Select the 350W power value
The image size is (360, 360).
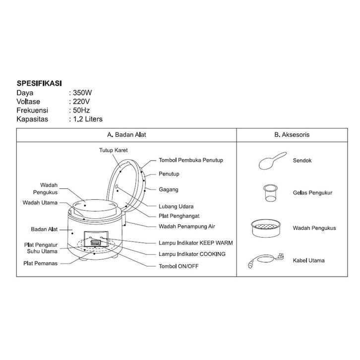pyautogui.click(x=82, y=92)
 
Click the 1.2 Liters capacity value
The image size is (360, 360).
pyautogui.click(x=88, y=119)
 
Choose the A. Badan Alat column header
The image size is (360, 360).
pyautogui.click(x=126, y=134)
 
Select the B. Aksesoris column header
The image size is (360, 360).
pyautogui.click(x=293, y=134)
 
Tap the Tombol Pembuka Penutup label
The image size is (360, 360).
pyautogui.click(x=191, y=160)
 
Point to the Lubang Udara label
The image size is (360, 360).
pyautogui.click(x=176, y=206)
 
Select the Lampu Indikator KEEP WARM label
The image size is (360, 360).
pyautogui.click(x=195, y=243)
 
